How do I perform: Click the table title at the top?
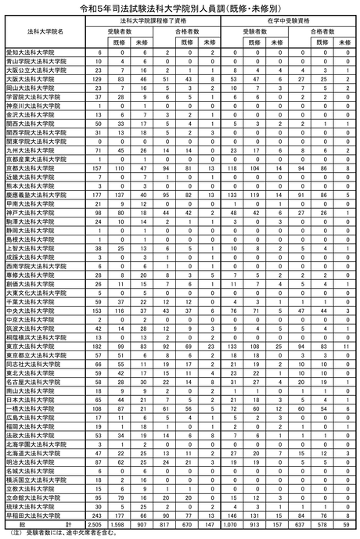(180, 7)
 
